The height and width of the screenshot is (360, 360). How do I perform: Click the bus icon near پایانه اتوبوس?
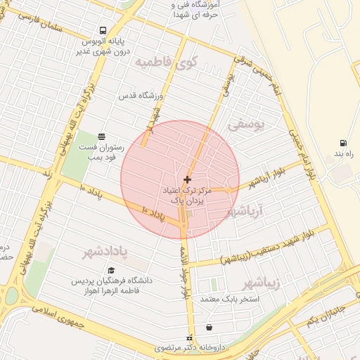(103, 30)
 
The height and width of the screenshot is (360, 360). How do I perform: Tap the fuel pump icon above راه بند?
(343, 143)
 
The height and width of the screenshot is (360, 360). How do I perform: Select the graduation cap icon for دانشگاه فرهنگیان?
(111, 271)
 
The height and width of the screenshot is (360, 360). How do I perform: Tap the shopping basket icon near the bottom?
(209, 327)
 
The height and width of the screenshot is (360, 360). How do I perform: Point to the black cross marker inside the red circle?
(186, 180)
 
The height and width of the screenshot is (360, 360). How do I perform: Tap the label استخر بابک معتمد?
(230, 300)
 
